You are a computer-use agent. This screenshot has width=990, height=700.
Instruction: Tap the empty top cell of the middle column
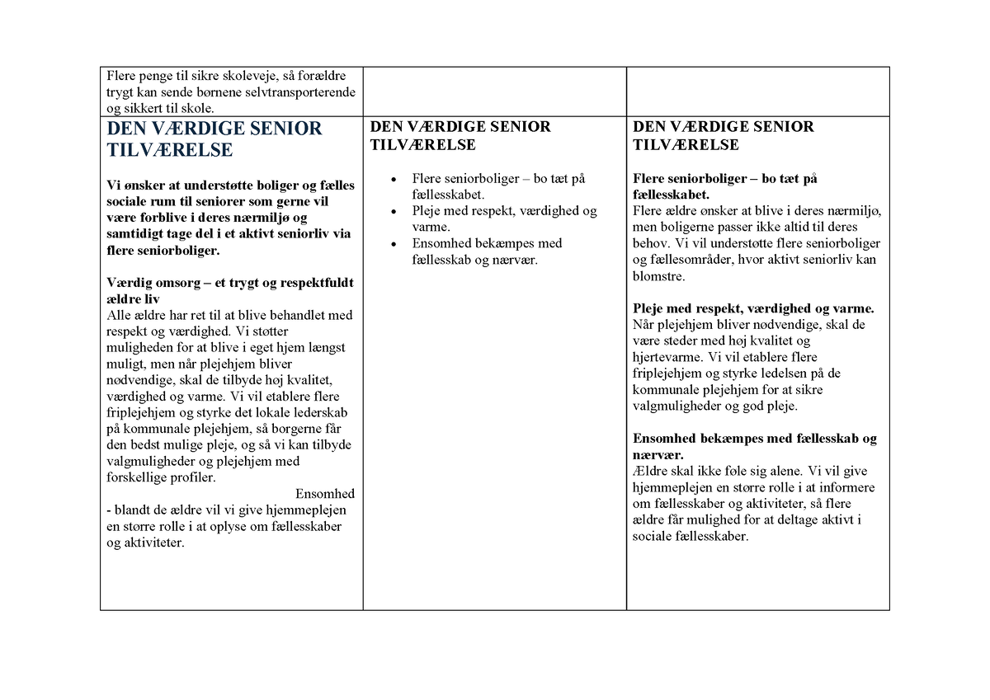coord(494,92)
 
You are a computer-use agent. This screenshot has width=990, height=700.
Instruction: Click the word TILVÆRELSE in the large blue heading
coord(170,150)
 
